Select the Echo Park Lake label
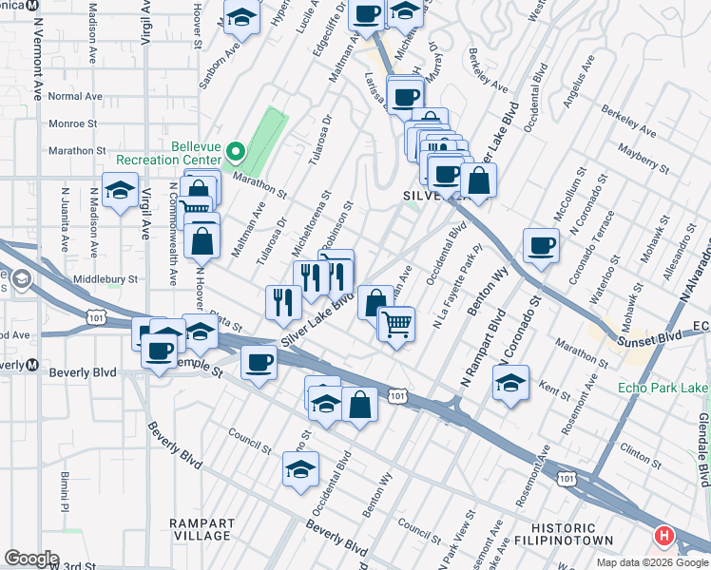[662, 388]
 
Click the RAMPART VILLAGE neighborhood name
[200, 529]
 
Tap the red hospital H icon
[663, 537]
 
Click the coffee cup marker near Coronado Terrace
[541, 247]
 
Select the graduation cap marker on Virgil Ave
[121, 193]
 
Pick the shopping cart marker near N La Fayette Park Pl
[397, 324]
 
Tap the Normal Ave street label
[75, 96]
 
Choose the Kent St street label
[553, 387]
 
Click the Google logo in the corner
[32, 559]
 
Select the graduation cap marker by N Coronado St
[510, 383]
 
